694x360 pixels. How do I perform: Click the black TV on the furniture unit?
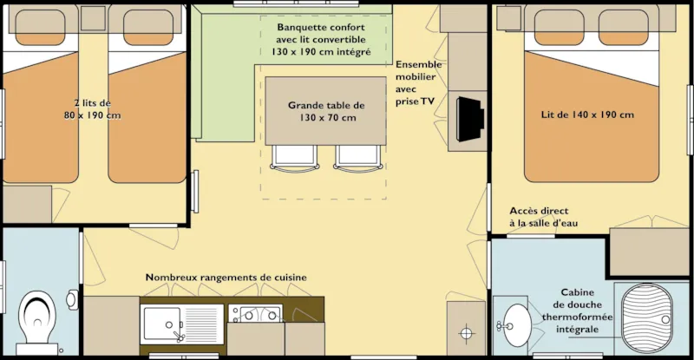469,118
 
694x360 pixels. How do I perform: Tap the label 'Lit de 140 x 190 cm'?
587,115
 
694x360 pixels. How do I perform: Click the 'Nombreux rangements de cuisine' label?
226,278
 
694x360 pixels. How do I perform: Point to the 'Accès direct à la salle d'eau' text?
544,217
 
